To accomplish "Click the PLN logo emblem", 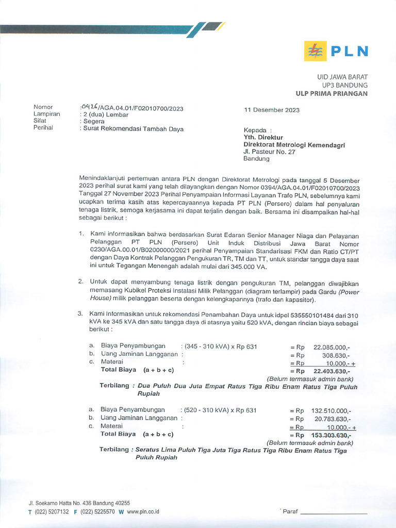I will (314, 51).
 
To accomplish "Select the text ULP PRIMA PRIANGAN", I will (332, 93).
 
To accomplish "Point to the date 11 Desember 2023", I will (272, 110).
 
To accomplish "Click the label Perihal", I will (43, 128).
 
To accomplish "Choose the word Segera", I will (94, 121).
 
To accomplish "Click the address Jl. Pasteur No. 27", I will (269, 152).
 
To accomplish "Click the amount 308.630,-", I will (336, 355).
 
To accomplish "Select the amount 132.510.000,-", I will (331, 410).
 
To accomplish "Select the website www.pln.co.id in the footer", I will (143, 511).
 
